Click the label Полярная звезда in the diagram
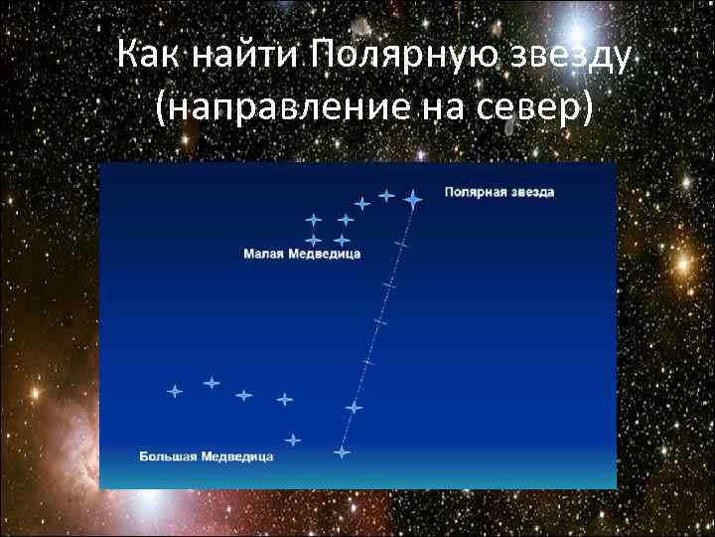(x=499, y=191)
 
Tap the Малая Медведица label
(x=302, y=255)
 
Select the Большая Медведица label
(x=206, y=457)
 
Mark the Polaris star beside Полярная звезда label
(x=413, y=199)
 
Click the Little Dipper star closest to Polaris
(x=386, y=196)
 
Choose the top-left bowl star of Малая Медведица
(x=314, y=219)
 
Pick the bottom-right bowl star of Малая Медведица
(x=342, y=240)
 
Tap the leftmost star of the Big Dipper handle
(x=175, y=392)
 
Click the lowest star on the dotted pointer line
(x=342, y=452)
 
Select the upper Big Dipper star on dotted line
(x=354, y=407)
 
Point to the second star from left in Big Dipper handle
(x=211, y=382)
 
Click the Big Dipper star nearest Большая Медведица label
(x=292, y=440)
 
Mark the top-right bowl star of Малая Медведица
(x=346, y=219)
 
